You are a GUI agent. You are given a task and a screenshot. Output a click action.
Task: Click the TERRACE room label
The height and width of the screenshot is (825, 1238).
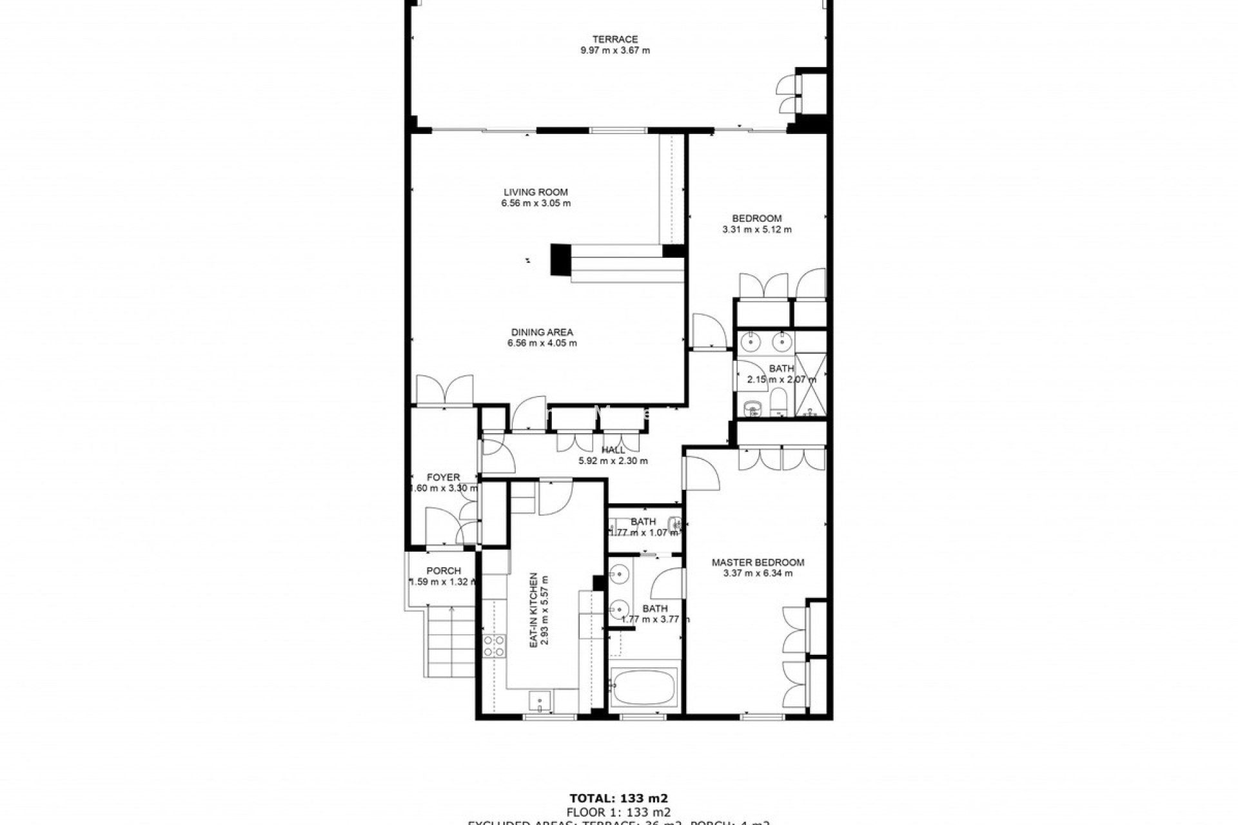[x=615, y=39]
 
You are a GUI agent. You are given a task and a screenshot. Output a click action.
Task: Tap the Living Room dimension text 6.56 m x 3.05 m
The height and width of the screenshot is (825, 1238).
[x=536, y=203]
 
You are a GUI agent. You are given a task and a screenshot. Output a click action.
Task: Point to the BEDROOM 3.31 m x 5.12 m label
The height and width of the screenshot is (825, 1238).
[x=757, y=224]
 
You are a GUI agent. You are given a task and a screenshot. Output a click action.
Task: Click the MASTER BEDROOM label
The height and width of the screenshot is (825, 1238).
[x=758, y=562]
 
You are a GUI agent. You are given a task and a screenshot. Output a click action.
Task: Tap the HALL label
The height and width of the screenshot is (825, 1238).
[x=613, y=450]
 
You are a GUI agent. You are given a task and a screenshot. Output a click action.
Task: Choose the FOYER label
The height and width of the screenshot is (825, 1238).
[x=444, y=478]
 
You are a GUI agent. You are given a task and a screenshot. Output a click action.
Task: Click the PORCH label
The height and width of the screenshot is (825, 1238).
[x=444, y=570]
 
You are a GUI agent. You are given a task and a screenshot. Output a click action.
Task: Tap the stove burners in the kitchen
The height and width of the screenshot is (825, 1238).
[x=495, y=646]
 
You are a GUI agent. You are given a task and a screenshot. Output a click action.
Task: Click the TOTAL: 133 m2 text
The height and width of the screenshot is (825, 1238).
[x=618, y=798]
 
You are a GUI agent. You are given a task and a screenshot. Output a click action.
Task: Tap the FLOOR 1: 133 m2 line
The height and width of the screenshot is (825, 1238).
[x=618, y=811]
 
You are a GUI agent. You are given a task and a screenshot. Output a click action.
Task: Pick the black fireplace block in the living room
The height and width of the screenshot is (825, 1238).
[x=560, y=260]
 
